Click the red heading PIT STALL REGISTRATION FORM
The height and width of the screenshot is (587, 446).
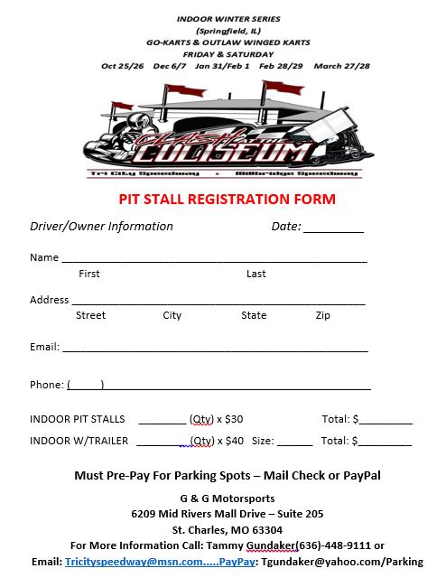[228, 199]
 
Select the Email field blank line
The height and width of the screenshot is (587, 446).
[215, 349]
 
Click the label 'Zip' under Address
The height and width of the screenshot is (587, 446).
[323, 315]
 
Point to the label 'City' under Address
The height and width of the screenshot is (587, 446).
[172, 315]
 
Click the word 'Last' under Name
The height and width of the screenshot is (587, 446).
[256, 274]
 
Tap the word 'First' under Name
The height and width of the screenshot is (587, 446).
[89, 274]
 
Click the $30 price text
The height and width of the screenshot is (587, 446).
[233, 419]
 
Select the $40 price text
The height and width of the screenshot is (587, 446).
[234, 442]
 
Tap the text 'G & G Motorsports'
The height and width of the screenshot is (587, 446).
[228, 498]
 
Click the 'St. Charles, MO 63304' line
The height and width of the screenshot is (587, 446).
[228, 530]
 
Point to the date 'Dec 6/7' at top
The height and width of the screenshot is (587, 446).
[169, 66]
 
